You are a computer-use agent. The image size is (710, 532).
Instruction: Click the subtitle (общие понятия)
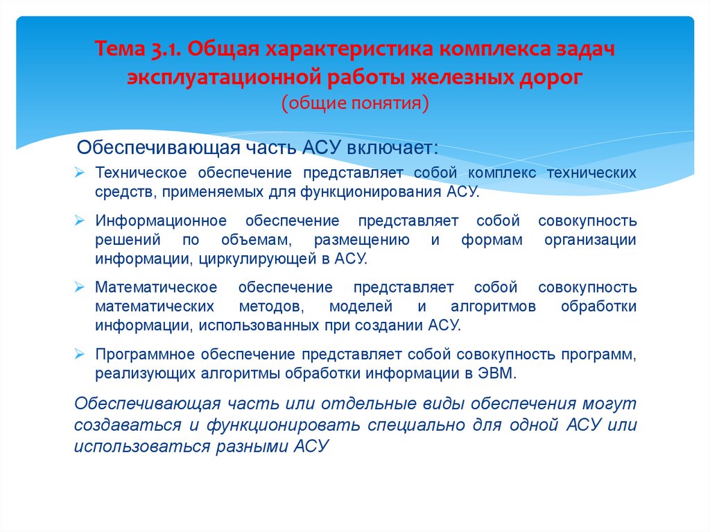tap(355, 103)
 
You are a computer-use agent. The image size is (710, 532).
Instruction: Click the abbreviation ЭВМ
tap(498, 372)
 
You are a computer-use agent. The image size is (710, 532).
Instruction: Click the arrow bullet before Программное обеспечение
tap(80, 354)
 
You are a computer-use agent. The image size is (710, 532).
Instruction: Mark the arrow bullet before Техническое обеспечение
tap(80, 173)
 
